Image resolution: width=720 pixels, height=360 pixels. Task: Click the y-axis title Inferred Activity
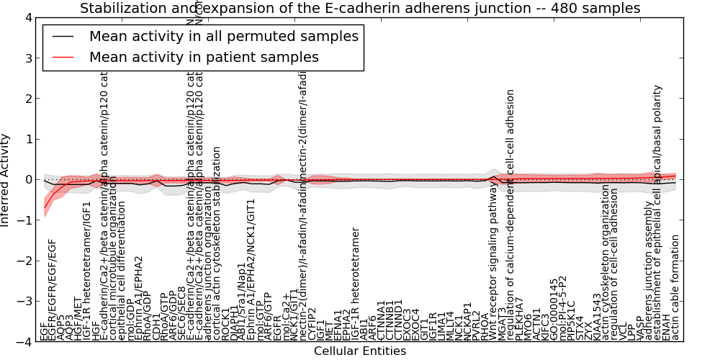tap(6, 180)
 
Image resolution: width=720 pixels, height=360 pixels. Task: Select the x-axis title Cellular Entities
tap(360, 351)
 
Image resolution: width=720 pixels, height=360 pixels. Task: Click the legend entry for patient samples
tap(204, 57)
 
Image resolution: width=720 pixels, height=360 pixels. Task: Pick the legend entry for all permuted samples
tap(223, 36)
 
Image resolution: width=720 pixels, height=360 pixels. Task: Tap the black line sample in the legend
tap(63, 36)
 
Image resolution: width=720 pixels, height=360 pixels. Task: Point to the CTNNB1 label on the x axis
tap(390, 320)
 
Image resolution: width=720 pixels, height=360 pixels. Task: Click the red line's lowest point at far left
tap(45, 208)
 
